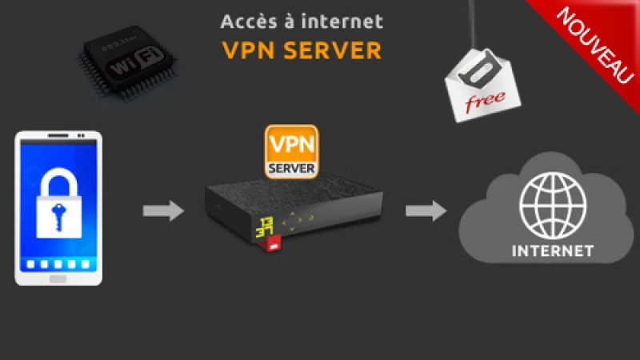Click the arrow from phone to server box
point(163,210)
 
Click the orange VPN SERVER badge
point(291,150)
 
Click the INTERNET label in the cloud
point(553,251)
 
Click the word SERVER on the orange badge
point(291,167)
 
